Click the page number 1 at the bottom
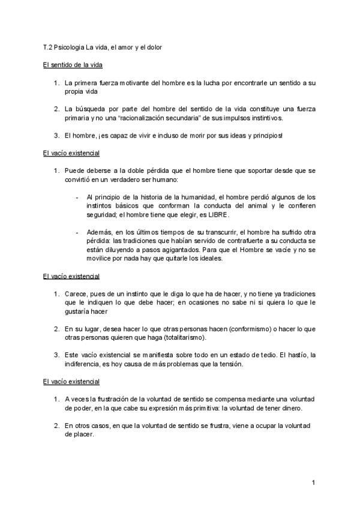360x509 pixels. pyautogui.click(x=314, y=482)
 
